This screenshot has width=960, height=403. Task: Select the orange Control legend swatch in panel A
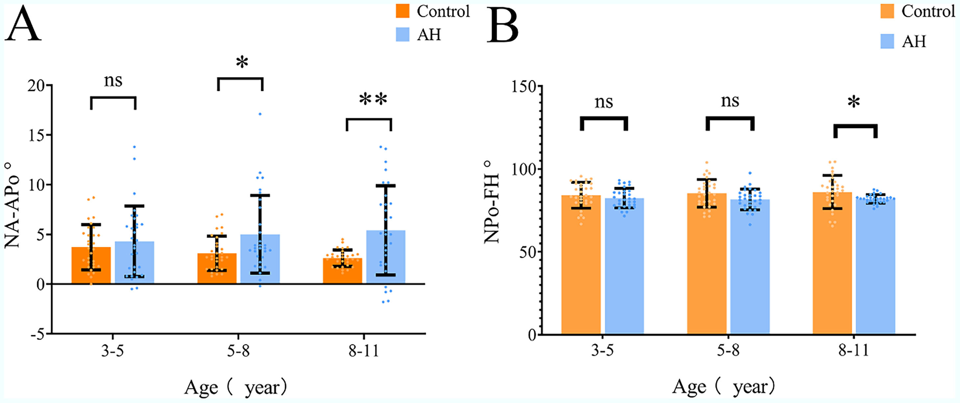(x=402, y=11)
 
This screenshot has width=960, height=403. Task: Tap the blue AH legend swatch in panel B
(x=887, y=41)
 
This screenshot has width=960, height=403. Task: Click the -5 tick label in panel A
(x=37, y=335)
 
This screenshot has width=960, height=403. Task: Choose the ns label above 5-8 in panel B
(x=730, y=101)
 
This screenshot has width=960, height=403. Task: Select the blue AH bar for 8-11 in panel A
(x=386, y=257)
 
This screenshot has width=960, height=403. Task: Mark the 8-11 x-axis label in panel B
(x=853, y=350)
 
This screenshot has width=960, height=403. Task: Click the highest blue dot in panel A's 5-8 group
(x=260, y=114)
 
